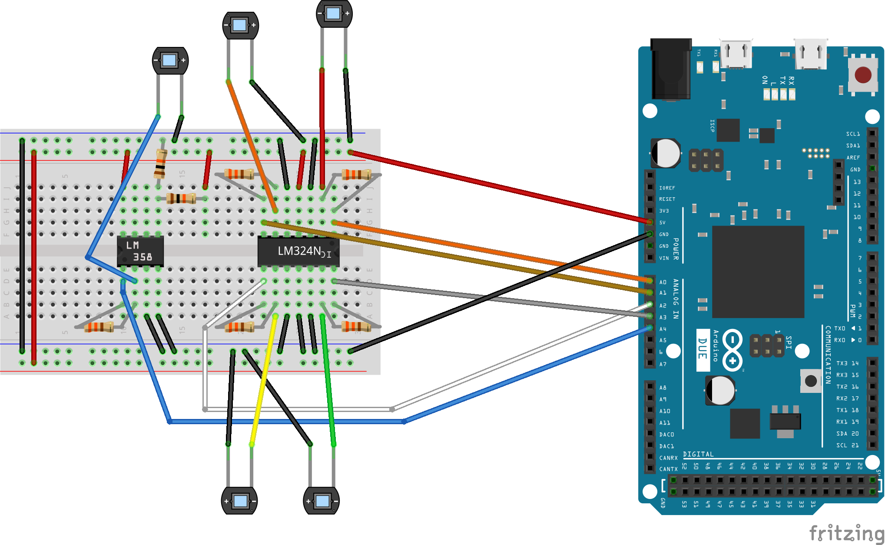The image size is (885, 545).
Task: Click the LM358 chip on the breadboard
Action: pos(140,251)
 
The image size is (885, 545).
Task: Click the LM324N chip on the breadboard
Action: pos(298,251)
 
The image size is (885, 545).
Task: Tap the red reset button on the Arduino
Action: pos(862,75)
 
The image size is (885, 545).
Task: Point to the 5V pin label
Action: pos(662,223)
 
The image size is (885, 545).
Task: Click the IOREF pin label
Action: pos(667,188)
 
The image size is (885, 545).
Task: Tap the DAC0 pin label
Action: pos(666,435)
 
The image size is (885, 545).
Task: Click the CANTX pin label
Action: pos(668,469)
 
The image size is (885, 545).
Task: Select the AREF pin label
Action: pos(853,158)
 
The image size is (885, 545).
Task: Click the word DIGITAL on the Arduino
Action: pos(698,454)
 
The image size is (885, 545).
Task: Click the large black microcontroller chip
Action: pos(758,272)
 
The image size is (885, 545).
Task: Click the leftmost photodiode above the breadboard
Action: pos(170,60)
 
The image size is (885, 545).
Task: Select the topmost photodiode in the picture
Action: pos(334,13)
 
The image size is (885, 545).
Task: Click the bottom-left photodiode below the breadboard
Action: pos(239,501)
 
